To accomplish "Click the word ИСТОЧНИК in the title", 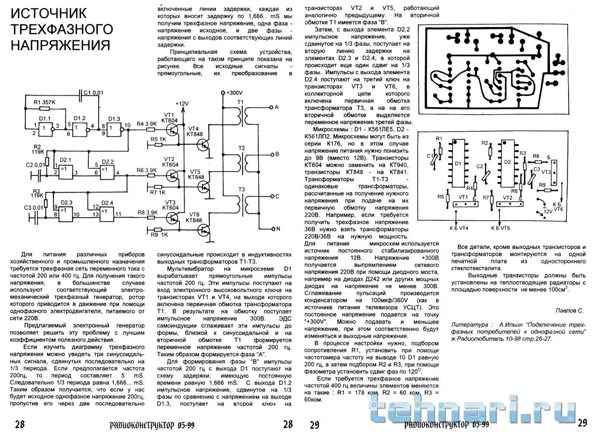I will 48,13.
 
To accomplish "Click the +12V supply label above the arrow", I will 182,103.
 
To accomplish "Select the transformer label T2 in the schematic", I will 242,148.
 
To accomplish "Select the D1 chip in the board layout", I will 458,164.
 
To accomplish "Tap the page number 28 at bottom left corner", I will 20,424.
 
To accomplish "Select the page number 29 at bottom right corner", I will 582,423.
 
